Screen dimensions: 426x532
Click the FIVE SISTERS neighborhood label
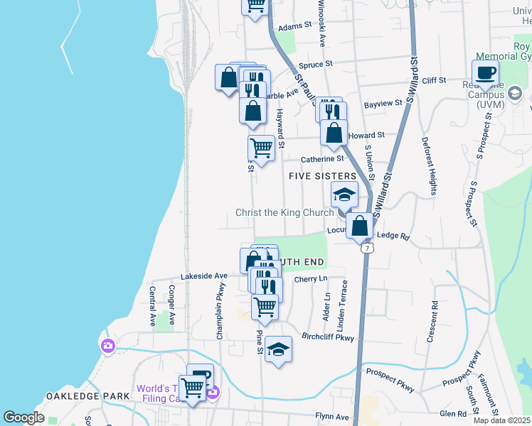(321, 175)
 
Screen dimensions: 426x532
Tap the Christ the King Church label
(284, 213)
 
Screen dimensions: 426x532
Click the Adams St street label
(296, 26)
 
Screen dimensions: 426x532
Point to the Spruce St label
(317, 64)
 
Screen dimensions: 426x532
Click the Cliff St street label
(433, 81)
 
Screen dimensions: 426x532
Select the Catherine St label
(322, 159)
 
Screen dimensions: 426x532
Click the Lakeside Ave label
(203, 275)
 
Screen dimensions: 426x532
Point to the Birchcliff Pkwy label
(328, 338)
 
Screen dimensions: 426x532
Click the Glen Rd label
(452, 413)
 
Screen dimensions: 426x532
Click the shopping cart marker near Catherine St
(261, 149)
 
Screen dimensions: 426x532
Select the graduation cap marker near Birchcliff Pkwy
(279, 350)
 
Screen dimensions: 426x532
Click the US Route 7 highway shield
(366, 248)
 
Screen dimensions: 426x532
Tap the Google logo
(23, 417)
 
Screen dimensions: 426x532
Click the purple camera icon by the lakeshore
(107, 346)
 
